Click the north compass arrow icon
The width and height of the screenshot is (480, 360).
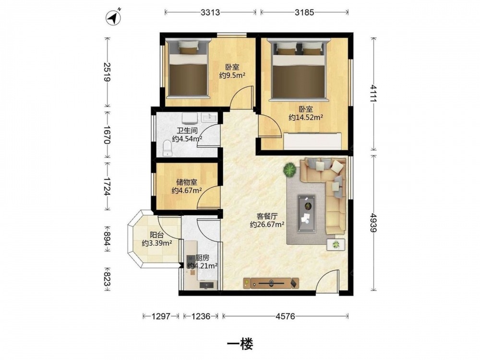click(113, 17)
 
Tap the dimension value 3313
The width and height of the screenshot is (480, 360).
click(210, 12)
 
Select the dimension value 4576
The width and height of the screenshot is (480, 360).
click(285, 316)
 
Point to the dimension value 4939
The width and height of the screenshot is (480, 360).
click(373, 223)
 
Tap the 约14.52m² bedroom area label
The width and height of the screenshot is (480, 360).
click(306, 117)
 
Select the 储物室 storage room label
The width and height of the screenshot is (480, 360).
click(186, 182)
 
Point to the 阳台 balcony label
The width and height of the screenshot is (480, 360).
click(156, 235)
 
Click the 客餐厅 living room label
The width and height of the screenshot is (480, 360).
click(267, 216)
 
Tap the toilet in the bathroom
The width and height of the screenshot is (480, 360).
click(168, 148)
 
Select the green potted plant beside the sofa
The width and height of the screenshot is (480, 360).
click(289, 169)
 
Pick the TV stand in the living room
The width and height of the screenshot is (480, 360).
click(271, 283)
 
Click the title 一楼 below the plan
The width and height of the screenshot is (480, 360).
click(240, 345)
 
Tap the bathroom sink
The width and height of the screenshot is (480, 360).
click(209, 117)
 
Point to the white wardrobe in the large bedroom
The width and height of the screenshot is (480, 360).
click(312, 141)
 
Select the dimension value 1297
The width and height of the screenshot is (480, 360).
click(161, 316)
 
